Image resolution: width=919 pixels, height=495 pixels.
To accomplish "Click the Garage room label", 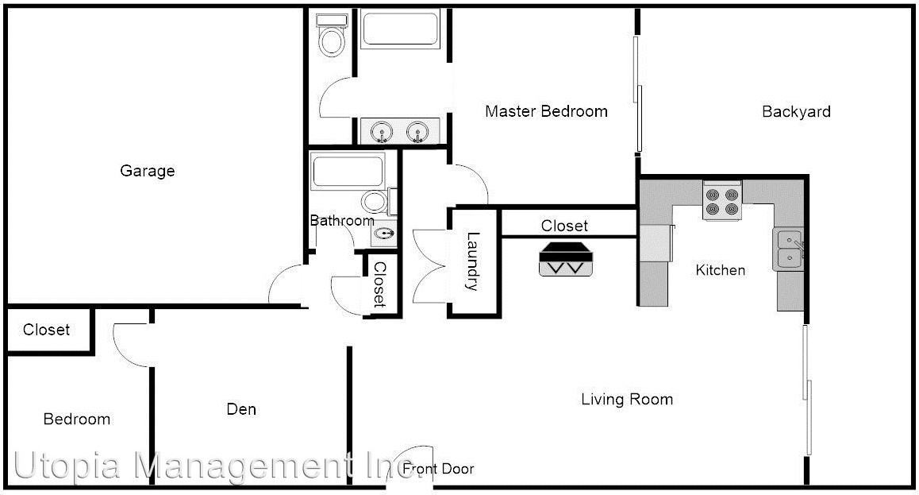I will tap(147, 171).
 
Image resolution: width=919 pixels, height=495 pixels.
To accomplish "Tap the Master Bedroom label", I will tap(546, 111).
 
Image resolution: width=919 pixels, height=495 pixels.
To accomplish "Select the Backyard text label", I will tap(796, 111).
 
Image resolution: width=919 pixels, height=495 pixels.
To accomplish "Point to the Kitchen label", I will tap(721, 270).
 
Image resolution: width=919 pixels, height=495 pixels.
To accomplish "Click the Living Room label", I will tap(627, 399).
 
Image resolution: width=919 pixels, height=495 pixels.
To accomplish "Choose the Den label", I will tap(241, 409).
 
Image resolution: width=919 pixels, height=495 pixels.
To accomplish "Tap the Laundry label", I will tap(473, 261).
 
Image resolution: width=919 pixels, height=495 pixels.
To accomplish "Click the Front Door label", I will tap(438, 469).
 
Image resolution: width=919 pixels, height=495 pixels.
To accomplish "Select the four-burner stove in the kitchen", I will tap(721, 201).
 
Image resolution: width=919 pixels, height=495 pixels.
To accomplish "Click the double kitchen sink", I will tap(789, 249).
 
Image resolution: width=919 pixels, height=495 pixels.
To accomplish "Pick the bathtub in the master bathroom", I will tap(400, 29).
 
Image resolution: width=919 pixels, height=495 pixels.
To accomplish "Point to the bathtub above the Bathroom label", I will tap(348, 171).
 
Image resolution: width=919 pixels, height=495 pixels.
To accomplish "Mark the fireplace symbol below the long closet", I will tap(567, 261).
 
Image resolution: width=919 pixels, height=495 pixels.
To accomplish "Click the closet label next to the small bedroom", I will tap(46, 330).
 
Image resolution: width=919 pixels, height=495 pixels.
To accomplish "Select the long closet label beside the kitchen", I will tap(564, 226).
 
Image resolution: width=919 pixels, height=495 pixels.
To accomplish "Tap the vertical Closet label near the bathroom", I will tap(380, 284).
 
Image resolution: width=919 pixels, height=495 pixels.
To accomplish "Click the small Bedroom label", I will tap(77, 419).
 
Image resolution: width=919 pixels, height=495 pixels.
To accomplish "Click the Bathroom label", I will tap(341, 220).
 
